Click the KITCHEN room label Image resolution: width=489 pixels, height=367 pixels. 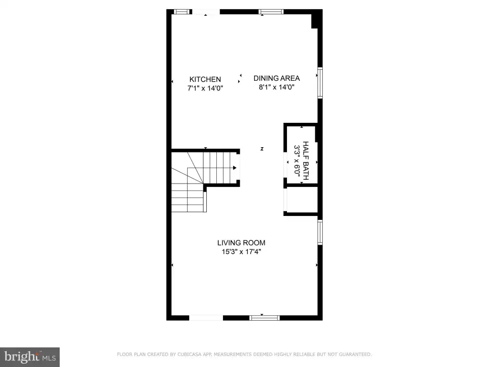pos(205,79)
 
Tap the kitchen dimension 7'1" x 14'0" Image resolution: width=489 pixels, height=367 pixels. pos(205,88)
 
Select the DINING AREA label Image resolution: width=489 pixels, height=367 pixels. pos(276,78)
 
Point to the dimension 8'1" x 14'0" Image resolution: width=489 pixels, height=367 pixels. pos(276,87)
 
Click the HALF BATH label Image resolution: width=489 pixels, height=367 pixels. pos(306,161)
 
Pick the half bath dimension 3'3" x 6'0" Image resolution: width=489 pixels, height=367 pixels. pos(297,161)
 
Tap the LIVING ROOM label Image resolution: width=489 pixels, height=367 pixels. pos(241,243)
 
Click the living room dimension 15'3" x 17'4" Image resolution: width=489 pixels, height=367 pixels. pos(241,251)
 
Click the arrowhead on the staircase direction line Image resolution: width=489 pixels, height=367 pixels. pos(234,168)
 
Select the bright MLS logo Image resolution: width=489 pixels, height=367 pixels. pos(30,357)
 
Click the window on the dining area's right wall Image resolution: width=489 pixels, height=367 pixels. pos(320,83)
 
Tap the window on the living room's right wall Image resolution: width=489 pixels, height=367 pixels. pos(320,232)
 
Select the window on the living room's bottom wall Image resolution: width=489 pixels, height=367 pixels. pos(265,318)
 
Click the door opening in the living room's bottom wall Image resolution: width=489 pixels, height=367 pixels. pos(206,318)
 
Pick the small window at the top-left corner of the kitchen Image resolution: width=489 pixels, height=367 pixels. pos(182,12)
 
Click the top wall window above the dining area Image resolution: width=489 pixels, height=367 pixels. pos(271,12)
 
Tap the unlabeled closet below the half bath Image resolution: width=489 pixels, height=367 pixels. pos(302,199)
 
